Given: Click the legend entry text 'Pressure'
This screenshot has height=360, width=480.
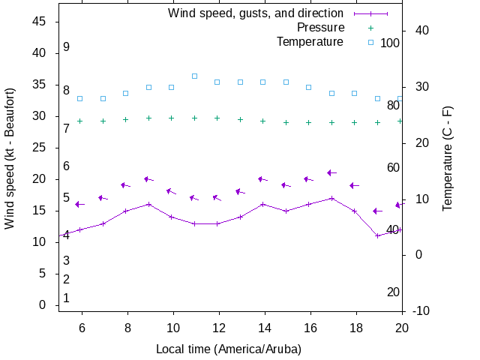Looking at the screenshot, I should [320, 28].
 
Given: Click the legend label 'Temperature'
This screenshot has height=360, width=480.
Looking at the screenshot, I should [310, 42].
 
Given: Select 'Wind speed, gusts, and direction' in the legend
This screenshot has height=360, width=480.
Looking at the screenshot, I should [256, 13].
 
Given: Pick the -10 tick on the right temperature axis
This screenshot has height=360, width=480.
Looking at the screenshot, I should [421, 311].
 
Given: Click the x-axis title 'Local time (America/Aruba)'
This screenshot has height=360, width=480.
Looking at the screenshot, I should [228, 349].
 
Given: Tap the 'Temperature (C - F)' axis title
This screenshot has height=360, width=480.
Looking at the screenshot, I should [448, 158].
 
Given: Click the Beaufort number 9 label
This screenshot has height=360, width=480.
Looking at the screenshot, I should [66, 47].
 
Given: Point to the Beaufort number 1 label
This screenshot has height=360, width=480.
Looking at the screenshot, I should [66, 298].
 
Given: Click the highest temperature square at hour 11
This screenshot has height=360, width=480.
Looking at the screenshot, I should [194, 76].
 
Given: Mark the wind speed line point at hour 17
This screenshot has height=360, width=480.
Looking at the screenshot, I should [331, 198].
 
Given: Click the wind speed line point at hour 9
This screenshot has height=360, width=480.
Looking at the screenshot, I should [149, 204].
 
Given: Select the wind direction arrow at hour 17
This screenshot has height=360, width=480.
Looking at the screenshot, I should [332, 173].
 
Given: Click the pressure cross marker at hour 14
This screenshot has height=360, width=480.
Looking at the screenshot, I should [262, 121].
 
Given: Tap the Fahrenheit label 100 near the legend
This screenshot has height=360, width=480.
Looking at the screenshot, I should [390, 43].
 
